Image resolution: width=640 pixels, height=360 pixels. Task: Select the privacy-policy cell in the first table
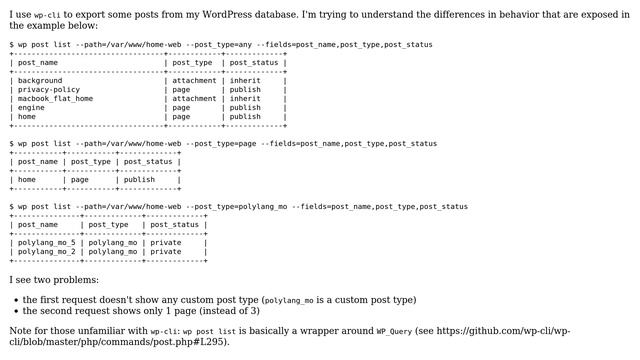(49, 90)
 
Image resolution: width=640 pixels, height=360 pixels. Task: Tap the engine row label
(32, 108)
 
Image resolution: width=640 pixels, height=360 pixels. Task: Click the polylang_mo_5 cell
(47, 243)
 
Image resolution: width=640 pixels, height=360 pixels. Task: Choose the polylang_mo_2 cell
(47, 252)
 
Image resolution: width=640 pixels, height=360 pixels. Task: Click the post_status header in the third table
(172, 225)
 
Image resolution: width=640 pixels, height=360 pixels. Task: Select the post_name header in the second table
(38, 162)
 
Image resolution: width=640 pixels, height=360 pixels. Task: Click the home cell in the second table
(27, 180)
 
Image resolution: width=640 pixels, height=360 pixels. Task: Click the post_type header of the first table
(192, 63)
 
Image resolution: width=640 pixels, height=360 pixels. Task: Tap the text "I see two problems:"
(54, 280)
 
